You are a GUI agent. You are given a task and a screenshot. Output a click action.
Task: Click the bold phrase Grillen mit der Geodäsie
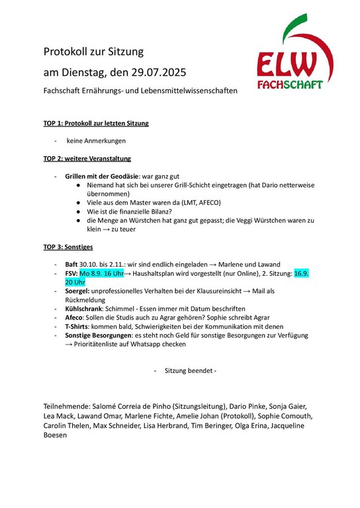(x=102, y=177)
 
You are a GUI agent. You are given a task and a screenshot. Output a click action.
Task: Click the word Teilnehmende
(x=69, y=405)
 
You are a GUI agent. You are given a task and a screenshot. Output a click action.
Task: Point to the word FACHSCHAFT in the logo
(x=290, y=85)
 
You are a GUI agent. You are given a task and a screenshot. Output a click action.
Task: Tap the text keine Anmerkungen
(x=96, y=141)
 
